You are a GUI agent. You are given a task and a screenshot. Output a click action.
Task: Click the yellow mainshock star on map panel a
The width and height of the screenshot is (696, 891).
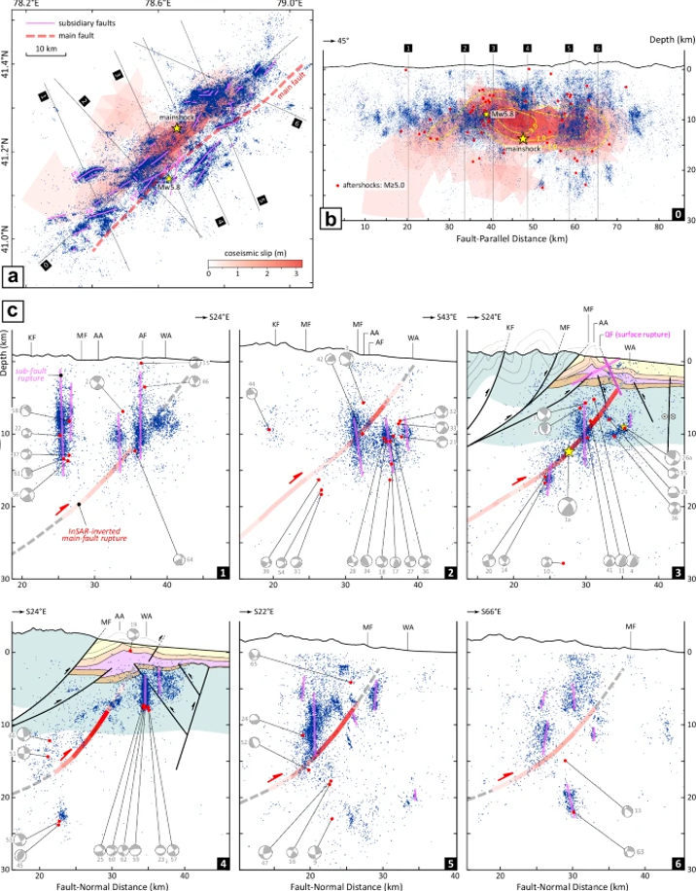pyautogui.click(x=176, y=128)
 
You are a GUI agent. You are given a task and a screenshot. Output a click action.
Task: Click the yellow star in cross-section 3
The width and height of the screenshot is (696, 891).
pyautogui.click(x=568, y=451)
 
